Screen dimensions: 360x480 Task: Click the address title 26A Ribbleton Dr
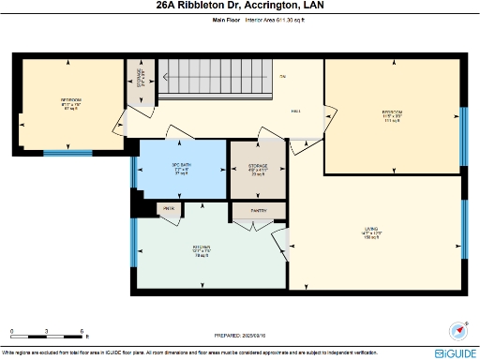239,6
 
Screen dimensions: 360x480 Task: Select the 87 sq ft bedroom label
71,103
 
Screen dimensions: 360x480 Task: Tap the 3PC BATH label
181,169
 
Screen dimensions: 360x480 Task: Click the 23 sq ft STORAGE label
258,169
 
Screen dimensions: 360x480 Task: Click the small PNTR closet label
169,208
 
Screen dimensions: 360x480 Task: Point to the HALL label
295,112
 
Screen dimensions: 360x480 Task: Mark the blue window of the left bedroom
67,153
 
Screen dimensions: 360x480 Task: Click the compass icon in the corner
458,330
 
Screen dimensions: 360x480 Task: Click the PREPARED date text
240,334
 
